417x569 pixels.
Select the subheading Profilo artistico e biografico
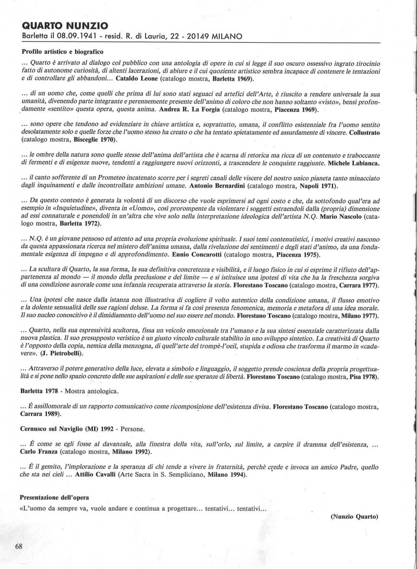point(63,52)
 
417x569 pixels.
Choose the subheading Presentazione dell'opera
point(54,497)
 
